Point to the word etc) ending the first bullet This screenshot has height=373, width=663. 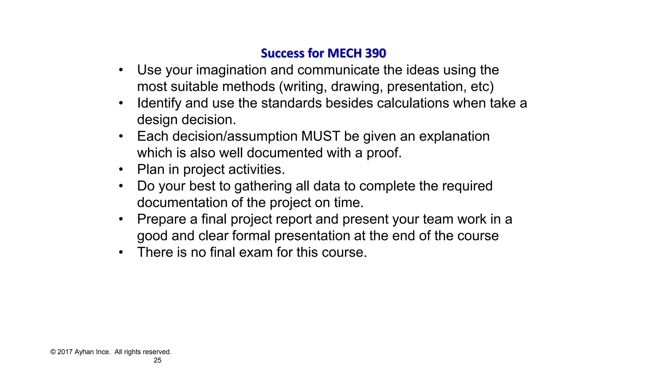pos(482,87)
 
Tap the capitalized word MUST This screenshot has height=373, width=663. pos(320,136)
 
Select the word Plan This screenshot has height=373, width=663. pos(151,169)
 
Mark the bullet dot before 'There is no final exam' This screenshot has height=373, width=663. pos(121,252)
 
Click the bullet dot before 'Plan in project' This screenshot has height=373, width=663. pos(121,169)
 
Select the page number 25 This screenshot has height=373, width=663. pos(157,360)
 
